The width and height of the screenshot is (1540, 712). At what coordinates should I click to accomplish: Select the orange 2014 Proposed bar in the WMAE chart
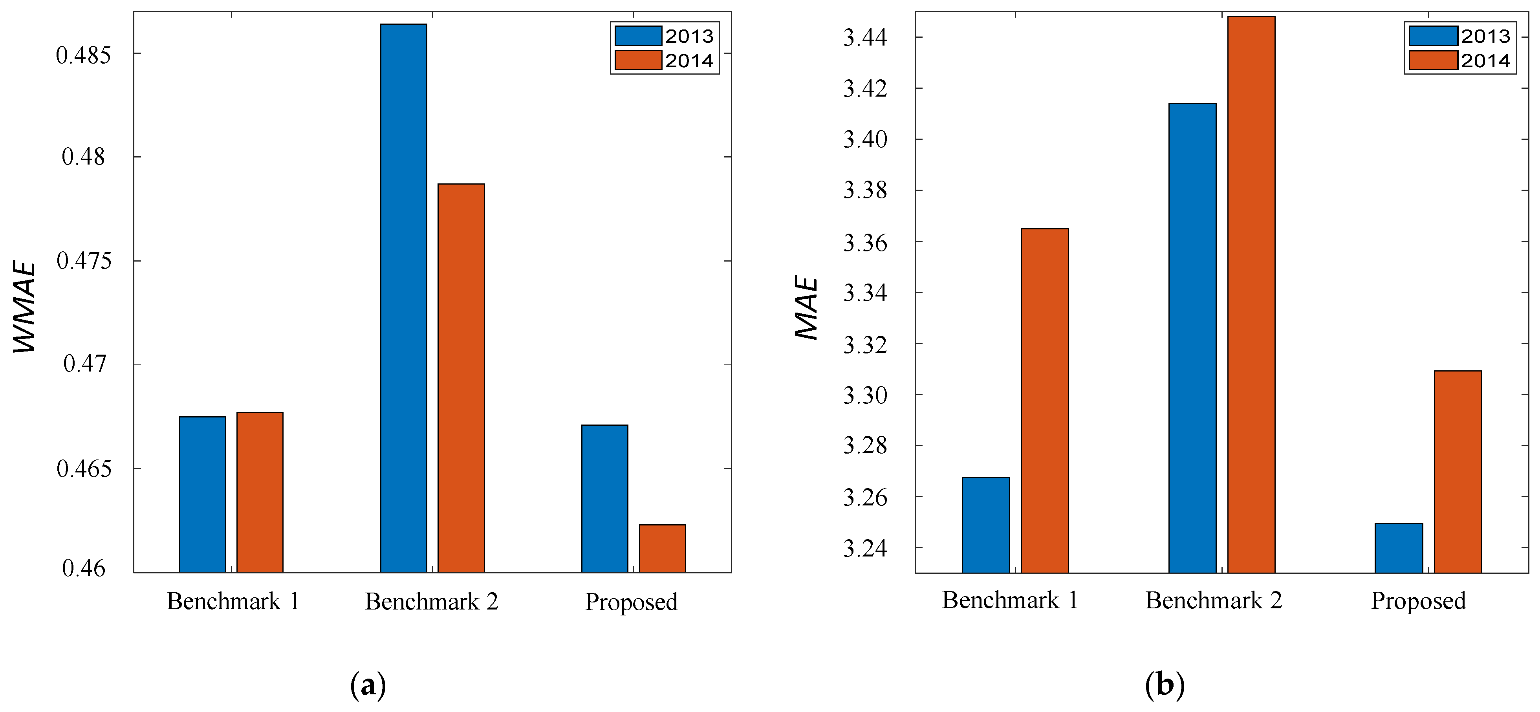tap(663, 548)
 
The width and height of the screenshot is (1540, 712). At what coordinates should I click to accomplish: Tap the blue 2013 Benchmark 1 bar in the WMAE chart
tap(203, 494)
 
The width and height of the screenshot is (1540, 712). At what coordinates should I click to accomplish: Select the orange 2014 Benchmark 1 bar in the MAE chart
tap(1044, 401)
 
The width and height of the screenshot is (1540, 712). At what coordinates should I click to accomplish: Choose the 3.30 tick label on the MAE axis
tap(865, 395)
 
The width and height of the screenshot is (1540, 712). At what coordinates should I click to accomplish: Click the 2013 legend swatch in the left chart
tap(638, 36)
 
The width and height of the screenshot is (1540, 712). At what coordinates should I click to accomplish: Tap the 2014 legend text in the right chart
tap(1485, 60)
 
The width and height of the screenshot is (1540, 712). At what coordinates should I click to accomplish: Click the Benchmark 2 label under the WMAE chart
tap(432, 601)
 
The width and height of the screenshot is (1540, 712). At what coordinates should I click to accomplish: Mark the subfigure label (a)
tap(368, 685)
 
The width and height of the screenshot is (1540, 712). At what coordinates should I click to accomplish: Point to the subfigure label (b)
tap(1165, 685)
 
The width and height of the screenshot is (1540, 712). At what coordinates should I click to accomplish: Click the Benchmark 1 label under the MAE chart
tap(1010, 600)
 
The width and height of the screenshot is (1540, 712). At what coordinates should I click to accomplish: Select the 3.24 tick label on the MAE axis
tap(865, 548)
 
